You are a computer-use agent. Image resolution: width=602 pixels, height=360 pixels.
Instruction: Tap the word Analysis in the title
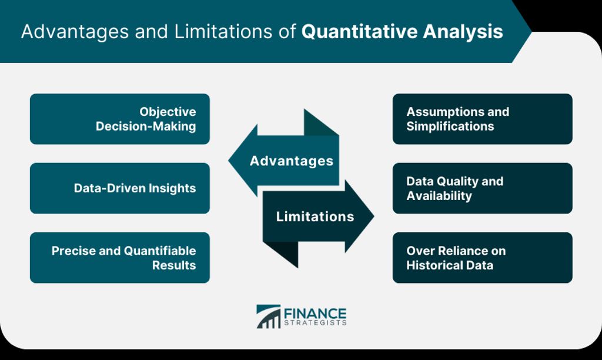[x=463, y=32]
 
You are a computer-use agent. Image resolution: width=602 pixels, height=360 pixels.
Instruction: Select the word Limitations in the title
[x=223, y=32]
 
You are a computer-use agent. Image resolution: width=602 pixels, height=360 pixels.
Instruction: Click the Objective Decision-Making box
[x=120, y=119]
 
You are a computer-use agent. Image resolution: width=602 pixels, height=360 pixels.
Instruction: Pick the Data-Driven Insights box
[x=120, y=188]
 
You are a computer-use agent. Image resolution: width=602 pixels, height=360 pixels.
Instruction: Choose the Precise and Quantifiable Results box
[x=120, y=258]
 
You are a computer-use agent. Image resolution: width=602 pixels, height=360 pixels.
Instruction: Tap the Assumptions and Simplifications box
[x=483, y=119]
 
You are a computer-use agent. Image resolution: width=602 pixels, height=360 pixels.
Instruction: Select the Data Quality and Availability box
[x=483, y=188]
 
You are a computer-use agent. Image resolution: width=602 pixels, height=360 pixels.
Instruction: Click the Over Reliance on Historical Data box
[x=483, y=258]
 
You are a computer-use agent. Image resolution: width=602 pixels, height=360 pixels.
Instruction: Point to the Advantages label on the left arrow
[x=292, y=161]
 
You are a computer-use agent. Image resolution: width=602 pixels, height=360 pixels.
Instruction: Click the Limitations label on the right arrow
[x=315, y=216]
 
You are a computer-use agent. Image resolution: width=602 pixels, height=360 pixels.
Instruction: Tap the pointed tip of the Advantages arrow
[x=229, y=161]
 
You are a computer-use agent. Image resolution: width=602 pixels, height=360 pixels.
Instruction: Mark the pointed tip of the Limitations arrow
[x=373, y=216]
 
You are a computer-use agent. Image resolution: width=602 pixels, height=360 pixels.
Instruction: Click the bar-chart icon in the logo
[x=268, y=316]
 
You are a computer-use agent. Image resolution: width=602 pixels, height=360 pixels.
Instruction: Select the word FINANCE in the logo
[x=315, y=314]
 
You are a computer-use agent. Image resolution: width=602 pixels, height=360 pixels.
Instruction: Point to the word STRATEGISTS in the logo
[x=315, y=323]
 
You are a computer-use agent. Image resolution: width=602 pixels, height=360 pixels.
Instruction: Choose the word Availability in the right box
[x=439, y=196]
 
